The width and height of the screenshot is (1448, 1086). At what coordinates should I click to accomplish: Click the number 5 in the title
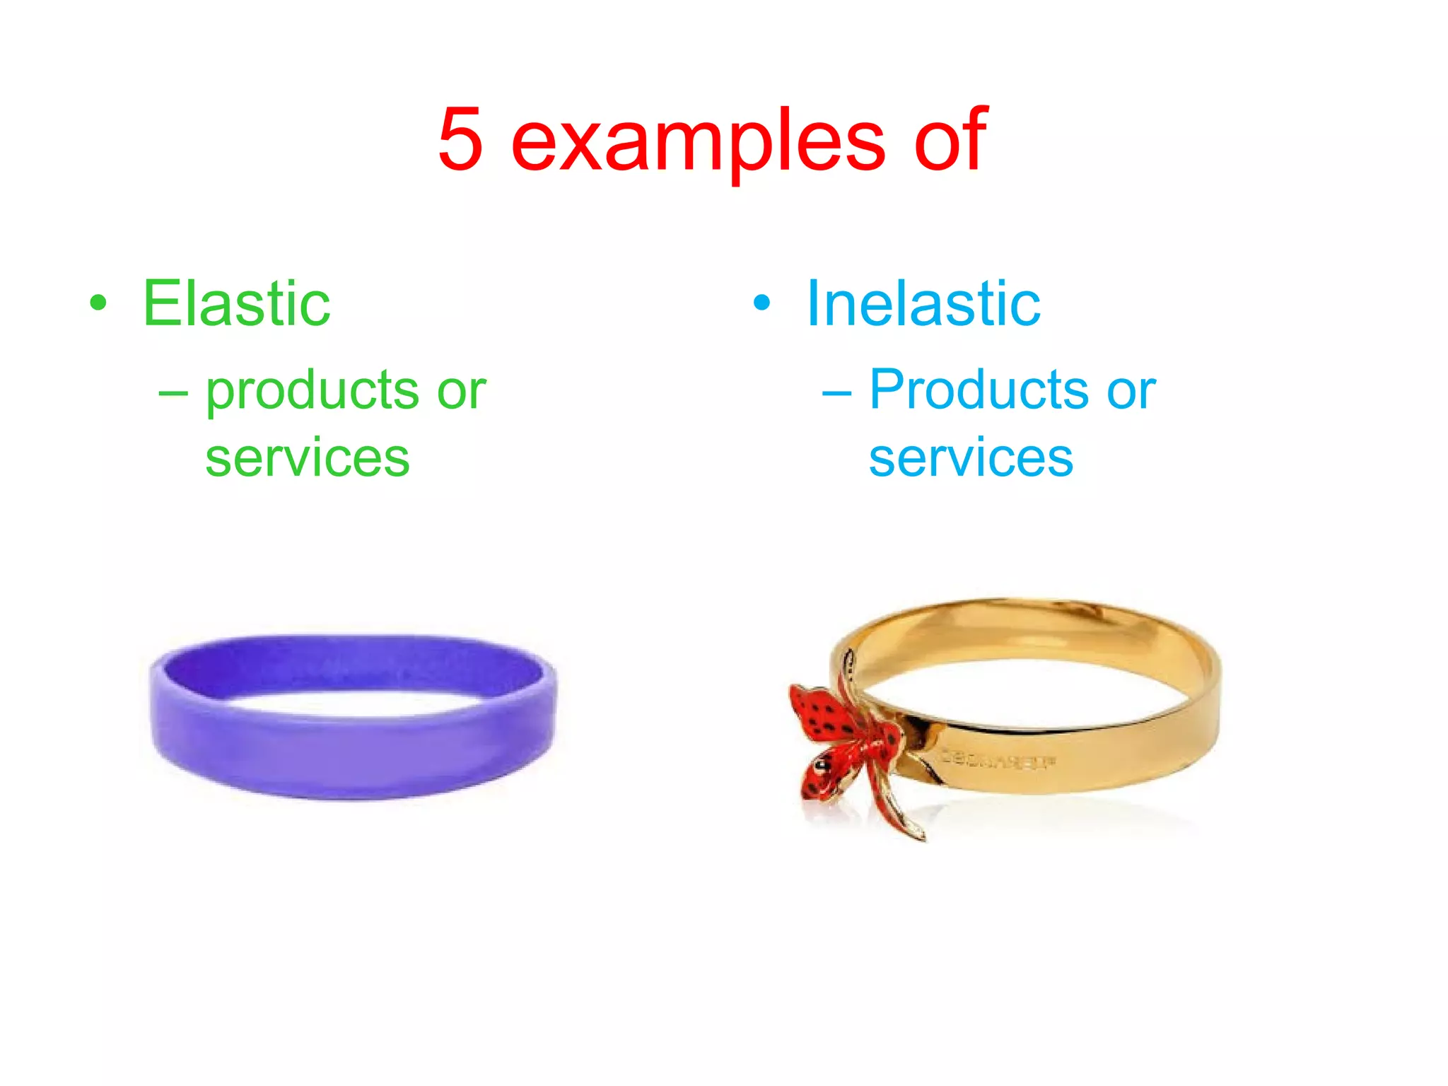tap(461, 139)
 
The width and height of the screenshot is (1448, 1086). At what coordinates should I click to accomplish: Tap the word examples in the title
tap(697, 141)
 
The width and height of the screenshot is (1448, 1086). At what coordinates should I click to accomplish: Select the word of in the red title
tap(950, 139)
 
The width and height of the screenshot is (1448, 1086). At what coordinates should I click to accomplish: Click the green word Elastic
tap(236, 303)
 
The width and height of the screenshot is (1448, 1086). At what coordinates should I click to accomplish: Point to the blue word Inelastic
tap(923, 303)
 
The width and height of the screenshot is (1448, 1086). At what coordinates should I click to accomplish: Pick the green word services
tap(307, 458)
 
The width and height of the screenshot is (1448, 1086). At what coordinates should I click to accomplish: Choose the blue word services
tap(971, 458)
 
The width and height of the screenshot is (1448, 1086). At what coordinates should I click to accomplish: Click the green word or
tap(461, 391)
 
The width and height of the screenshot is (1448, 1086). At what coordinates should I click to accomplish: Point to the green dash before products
tap(173, 391)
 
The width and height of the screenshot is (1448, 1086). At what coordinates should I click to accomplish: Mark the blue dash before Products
tap(836, 391)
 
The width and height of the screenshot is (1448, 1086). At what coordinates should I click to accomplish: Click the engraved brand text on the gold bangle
tap(998, 760)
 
